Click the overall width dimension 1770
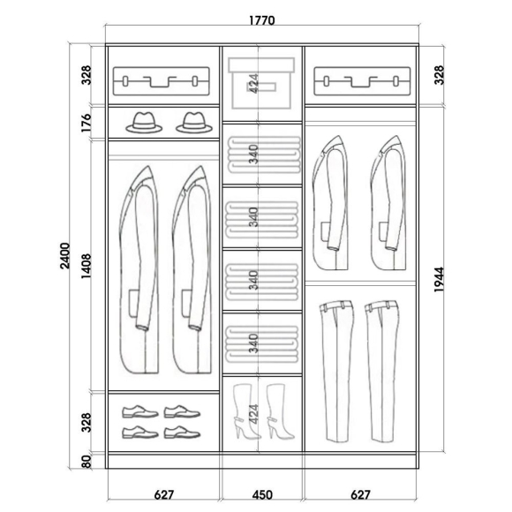262,20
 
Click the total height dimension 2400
65,256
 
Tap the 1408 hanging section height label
87,266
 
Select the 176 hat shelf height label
87,123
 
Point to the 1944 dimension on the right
440,280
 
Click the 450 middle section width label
262,494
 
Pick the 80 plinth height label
87,462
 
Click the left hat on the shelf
144,123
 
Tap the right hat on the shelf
194,123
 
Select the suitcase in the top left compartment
162,81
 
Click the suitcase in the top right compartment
362,81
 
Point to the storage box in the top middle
261,83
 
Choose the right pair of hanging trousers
381,372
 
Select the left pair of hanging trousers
336,372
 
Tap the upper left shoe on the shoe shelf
140,411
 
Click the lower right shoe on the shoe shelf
182,433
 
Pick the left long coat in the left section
139,269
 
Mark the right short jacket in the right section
388,203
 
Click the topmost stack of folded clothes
264,154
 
